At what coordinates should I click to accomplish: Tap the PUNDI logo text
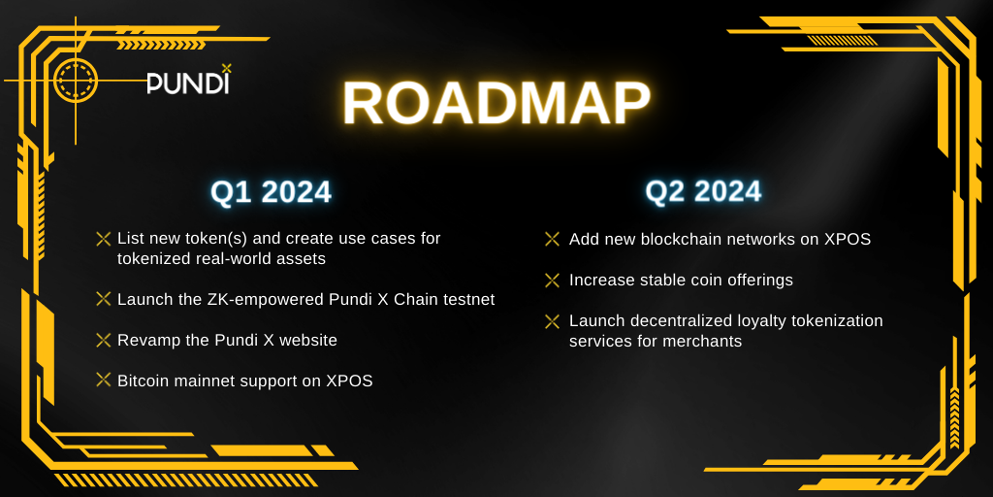[x=187, y=83]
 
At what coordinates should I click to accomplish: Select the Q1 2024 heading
[x=272, y=192]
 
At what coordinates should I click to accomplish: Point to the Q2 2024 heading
[x=703, y=191]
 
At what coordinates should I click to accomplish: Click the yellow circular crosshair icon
[x=76, y=81]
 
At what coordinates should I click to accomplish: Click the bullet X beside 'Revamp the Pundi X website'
[x=103, y=340]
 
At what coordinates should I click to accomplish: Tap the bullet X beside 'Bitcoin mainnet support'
[x=103, y=380]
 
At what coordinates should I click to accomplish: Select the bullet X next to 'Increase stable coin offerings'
[x=552, y=280]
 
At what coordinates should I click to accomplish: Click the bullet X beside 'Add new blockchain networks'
[x=552, y=239]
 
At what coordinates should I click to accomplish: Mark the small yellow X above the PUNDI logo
[x=227, y=67]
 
